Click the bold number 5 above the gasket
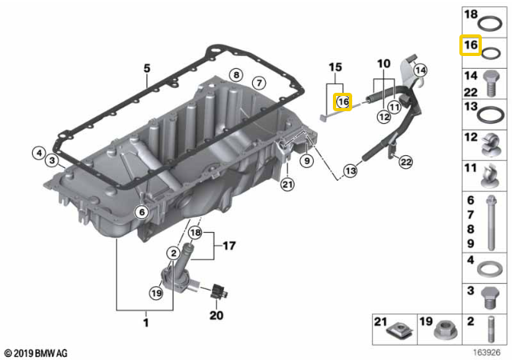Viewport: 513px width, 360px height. pos(146,69)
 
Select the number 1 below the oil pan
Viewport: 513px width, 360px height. pos(146,322)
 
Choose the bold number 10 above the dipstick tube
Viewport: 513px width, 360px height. pos(383,62)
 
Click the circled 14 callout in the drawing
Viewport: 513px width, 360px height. pos(421,71)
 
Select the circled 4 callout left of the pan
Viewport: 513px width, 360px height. pos(38,152)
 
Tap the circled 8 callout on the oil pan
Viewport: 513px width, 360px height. pos(234,74)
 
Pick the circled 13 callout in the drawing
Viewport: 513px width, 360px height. pos(350,170)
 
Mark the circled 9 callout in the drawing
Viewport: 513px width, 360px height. pos(305,161)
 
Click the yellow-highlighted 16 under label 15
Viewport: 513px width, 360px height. pos(343,102)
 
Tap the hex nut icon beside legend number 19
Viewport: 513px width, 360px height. pos(446,327)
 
